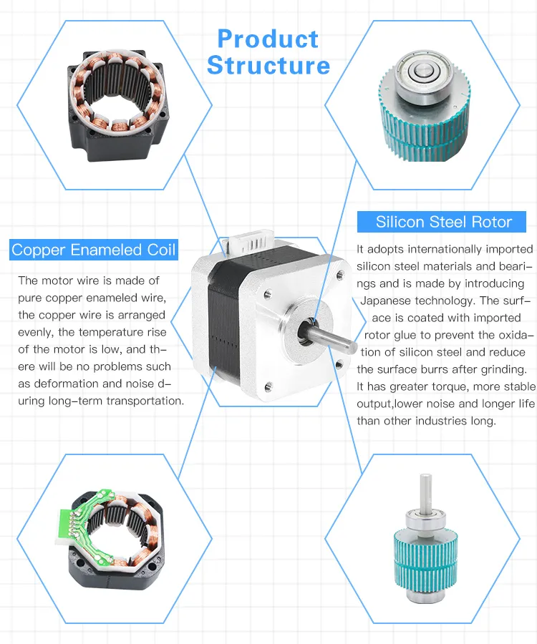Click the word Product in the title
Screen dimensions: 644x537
[268, 39]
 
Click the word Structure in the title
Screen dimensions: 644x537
[268, 66]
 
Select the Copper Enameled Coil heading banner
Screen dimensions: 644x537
[94, 250]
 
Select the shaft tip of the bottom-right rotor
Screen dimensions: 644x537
[427, 483]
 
